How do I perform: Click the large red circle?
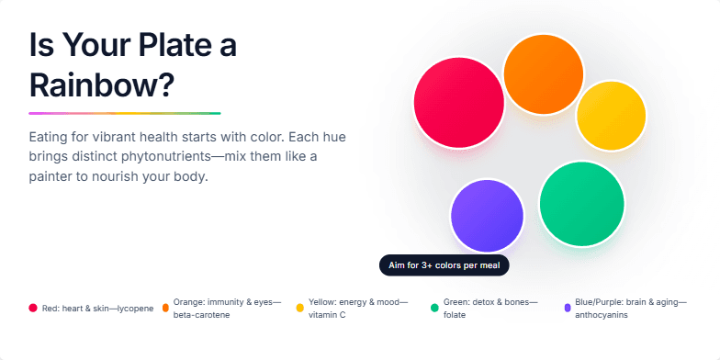point(459,102)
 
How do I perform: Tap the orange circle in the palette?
point(544,74)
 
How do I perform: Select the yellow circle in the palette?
point(612,116)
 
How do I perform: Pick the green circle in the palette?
point(581,204)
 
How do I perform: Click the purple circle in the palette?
point(487,217)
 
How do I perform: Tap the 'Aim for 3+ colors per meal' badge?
point(444,265)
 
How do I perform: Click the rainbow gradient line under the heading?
point(124,113)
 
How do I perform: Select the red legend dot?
point(33,309)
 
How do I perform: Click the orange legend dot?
point(165,309)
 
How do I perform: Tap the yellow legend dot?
point(299,309)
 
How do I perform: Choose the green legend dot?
point(434,309)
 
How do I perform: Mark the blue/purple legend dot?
point(568,309)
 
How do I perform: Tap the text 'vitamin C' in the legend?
point(327,315)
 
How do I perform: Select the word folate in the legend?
point(454,315)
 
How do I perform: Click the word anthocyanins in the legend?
point(602,315)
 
